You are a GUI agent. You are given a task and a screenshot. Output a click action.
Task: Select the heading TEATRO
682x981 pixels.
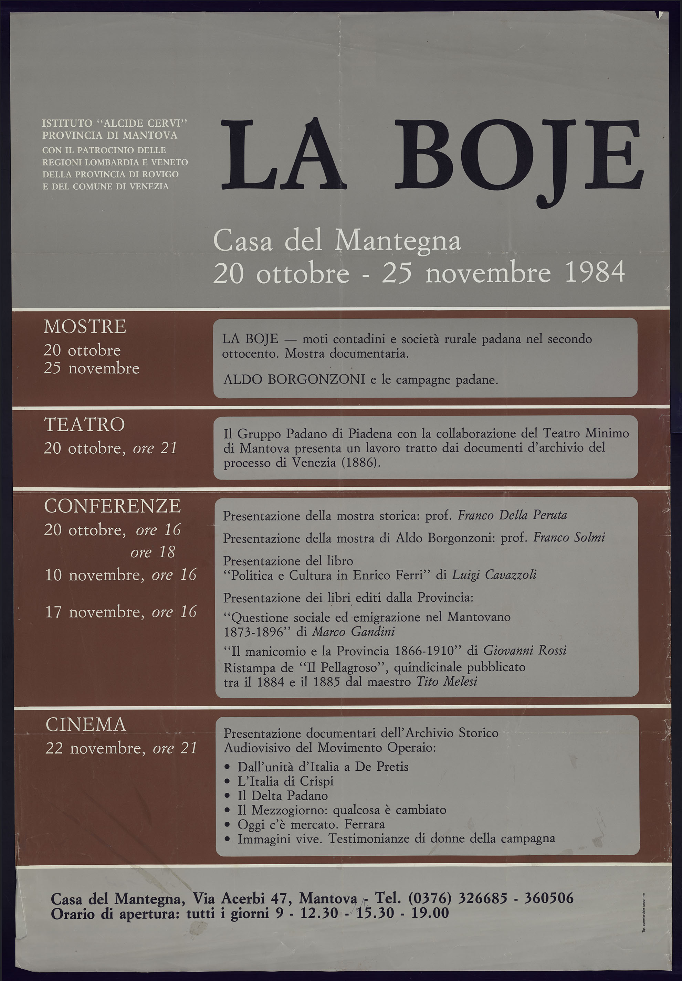[84, 425]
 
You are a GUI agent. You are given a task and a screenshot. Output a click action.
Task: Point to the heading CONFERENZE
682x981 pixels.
[112, 506]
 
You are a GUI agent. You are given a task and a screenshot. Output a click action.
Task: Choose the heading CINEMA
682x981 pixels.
[85, 725]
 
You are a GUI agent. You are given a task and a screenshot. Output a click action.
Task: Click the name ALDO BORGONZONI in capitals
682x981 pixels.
[294, 379]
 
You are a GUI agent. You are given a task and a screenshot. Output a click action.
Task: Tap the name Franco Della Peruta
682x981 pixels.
[512, 515]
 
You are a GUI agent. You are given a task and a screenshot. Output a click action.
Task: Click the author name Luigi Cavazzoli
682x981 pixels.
[494, 575]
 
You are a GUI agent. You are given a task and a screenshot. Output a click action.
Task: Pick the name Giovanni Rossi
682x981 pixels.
[525, 651]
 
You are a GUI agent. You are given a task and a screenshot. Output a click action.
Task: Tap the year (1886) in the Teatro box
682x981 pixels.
[361, 462]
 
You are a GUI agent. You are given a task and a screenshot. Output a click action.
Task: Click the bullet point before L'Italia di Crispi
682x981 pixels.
[227, 781]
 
